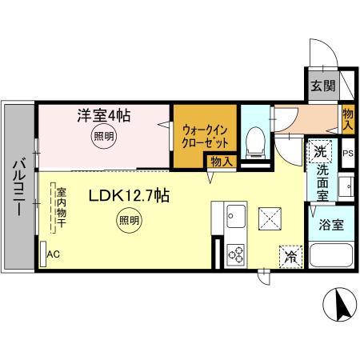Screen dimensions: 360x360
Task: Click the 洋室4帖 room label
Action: point(104,115)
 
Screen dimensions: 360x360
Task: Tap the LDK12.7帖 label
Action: point(129,196)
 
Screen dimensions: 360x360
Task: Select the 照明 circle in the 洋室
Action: point(104,137)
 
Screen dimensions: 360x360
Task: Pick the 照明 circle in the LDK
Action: point(129,220)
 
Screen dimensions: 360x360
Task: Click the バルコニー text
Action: point(19,186)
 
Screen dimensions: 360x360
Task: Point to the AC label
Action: point(54,254)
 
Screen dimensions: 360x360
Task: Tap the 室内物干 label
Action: point(61,208)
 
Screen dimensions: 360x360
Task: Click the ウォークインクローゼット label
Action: point(205,137)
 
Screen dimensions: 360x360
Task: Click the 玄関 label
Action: point(323,86)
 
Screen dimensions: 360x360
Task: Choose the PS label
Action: point(348,154)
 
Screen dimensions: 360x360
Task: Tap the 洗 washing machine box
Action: point(320,151)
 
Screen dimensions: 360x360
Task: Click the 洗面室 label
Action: point(322,182)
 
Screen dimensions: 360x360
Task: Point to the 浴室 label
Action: point(331,225)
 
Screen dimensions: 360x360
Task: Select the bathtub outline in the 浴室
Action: point(331,255)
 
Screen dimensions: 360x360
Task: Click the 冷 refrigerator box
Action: point(290,257)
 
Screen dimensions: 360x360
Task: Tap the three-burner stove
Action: point(236,255)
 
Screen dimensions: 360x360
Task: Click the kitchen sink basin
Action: point(236,216)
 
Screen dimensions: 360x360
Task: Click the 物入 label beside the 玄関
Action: point(348,119)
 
